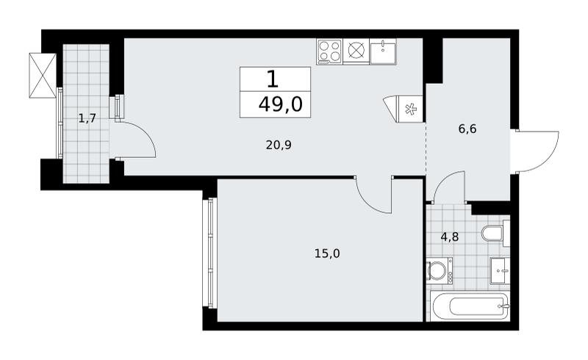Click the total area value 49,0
[280, 104]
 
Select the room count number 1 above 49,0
[273, 79]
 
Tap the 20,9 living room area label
[279, 145]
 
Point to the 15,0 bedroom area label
[327, 254]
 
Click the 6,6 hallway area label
[467, 129]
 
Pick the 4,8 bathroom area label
[450, 237]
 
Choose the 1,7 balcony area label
[87, 119]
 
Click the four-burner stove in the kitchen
[329, 51]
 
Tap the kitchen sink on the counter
[383, 51]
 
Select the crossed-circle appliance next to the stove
[356, 51]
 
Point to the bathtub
[470, 306]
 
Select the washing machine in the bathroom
[440, 270]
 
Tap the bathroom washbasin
[501, 271]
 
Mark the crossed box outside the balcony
[43, 76]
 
